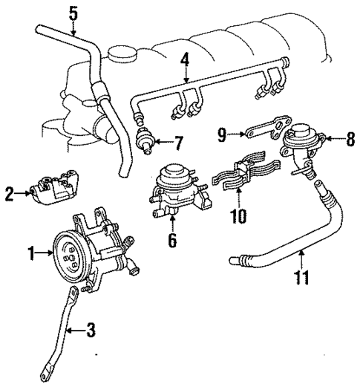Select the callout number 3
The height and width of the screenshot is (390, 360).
(91, 328)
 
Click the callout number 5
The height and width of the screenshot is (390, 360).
(73, 13)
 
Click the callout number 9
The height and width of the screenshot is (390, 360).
(222, 134)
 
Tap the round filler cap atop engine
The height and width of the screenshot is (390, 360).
(118, 56)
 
